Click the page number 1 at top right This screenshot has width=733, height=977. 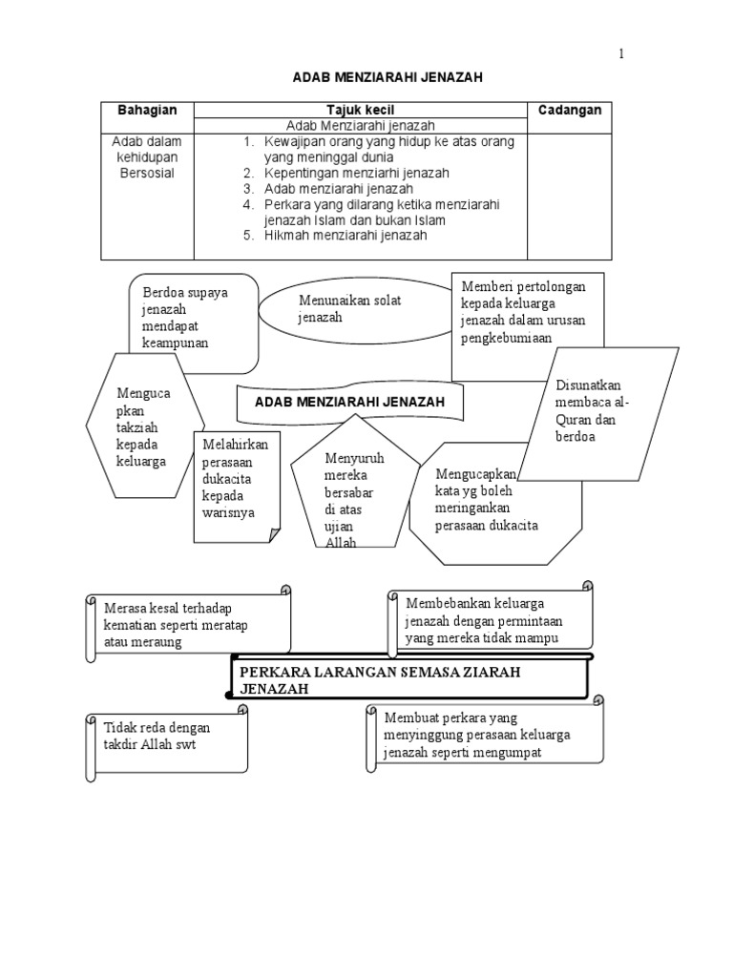pos(621,54)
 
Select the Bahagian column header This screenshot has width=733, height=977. pos(148,111)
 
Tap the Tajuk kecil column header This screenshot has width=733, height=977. pos(361,111)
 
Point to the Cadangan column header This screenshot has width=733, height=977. pos(570,111)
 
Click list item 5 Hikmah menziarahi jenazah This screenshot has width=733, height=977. pos(346,235)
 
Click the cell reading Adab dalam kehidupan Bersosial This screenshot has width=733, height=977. pos(148,158)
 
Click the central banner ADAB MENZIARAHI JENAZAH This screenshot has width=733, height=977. pos(350,403)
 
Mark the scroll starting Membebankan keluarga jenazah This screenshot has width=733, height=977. pos(488,620)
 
